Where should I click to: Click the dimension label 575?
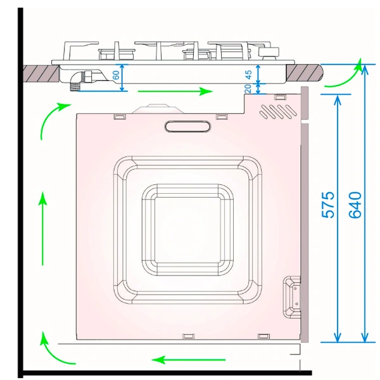pyautogui.click(x=327, y=205)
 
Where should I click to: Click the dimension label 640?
pyautogui.click(x=355, y=205)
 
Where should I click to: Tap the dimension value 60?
pyautogui.click(x=116, y=75)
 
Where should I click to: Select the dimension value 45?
pyautogui.click(x=248, y=74)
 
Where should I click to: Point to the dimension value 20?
pyautogui.click(x=248, y=89)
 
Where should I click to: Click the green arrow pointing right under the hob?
pyautogui.click(x=175, y=91)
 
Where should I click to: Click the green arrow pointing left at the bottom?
pyautogui.click(x=189, y=360)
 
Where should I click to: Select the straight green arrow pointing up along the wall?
pyautogui.click(x=42, y=229)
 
